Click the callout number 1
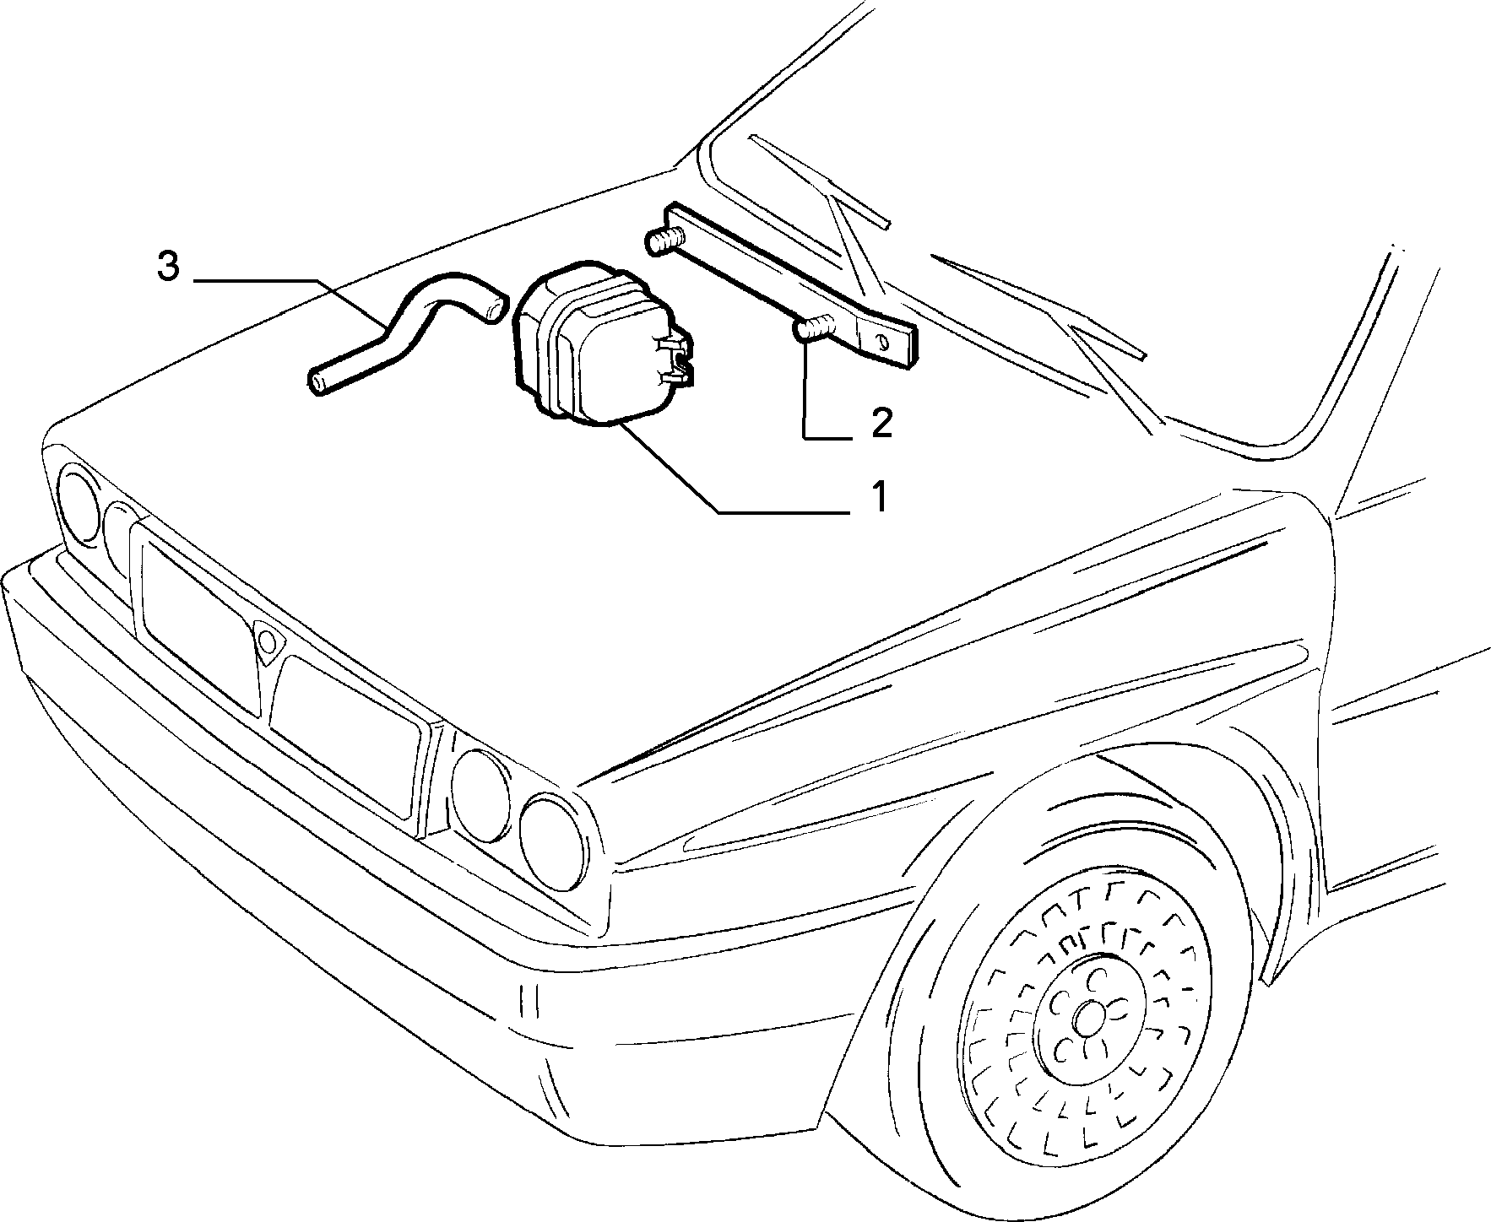coord(879,496)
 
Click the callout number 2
coord(881,422)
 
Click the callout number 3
coord(168,267)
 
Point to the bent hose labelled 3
coord(397,333)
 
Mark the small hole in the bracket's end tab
coord(882,342)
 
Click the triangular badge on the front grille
coord(268,641)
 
